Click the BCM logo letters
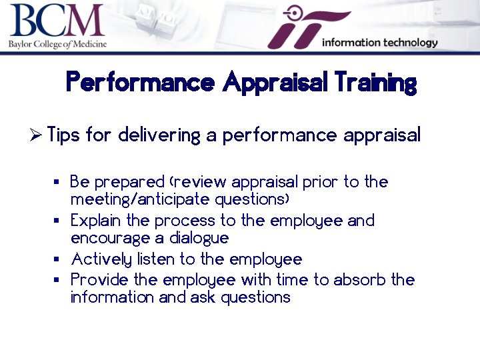click(x=57, y=22)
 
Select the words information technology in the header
click(x=379, y=43)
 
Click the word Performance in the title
click(x=140, y=83)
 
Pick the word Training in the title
click(x=376, y=83)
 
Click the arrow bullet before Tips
click(x=37, y=135)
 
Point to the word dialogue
click(x=199, y=238)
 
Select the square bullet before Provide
click(x=57, y=280)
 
